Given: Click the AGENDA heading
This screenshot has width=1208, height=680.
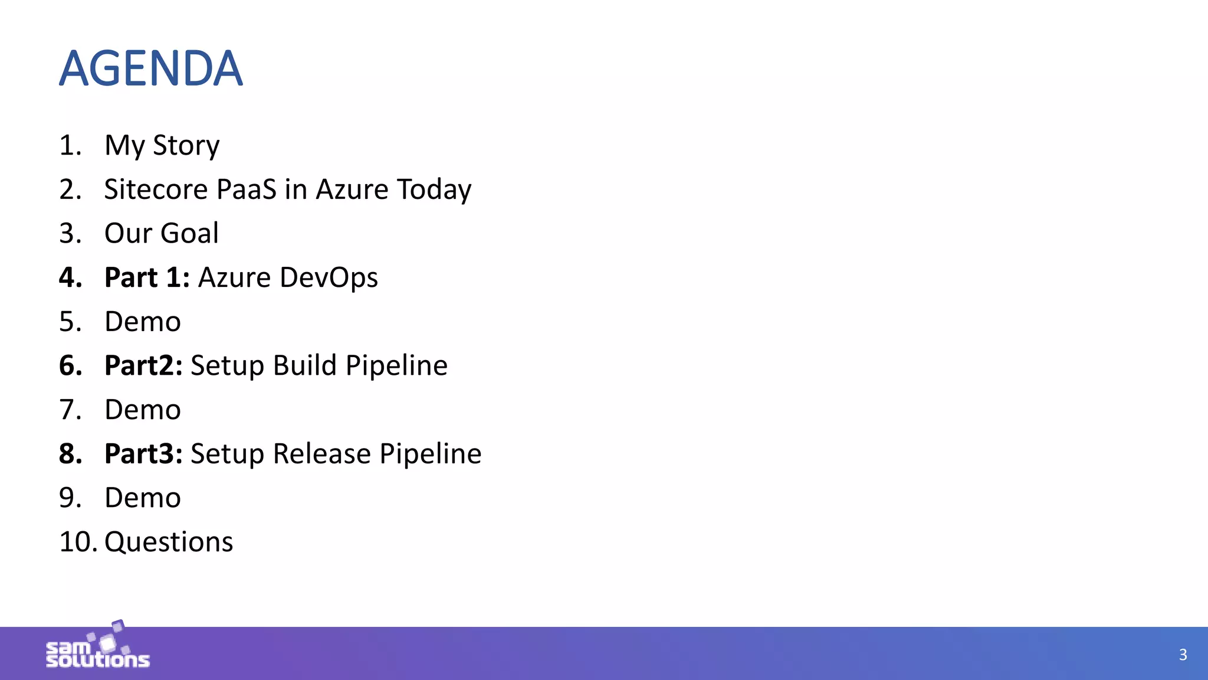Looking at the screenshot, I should (x=151, y=68).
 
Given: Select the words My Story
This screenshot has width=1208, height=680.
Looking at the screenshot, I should (x=162, y=145).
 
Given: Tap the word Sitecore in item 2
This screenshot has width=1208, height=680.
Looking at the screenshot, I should (x=156, y=189).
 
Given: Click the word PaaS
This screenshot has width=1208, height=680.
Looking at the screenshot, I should (x=246, y=189).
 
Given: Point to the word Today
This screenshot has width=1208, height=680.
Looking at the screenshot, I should (x=434, y=189).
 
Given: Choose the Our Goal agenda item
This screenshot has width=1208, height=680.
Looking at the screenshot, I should (x=161, y=233).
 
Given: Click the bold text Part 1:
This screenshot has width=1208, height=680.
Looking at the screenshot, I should (x=147, y=277).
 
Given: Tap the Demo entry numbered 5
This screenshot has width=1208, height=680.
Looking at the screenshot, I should (x=142, y=322).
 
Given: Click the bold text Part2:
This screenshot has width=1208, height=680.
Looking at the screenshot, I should (x=143, y=365).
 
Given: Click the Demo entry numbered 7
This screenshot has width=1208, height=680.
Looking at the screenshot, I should (x=142, y=410).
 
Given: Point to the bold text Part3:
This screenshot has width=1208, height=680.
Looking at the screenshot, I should (x=143, y=454).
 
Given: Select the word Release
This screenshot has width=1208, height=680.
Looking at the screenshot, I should (x=321, y=454).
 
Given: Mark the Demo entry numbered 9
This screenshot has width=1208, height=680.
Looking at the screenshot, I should (x=142, y=498).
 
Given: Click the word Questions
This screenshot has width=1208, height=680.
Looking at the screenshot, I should (x=169, y=542).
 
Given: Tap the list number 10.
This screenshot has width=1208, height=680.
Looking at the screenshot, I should (x=78, y=542).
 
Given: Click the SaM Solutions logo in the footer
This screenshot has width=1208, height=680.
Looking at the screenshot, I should (x=98, y=648).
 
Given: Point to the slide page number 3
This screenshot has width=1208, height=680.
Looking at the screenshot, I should (x=1183, y=655).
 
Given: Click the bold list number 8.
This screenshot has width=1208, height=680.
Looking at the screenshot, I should (x=71, y=454).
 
